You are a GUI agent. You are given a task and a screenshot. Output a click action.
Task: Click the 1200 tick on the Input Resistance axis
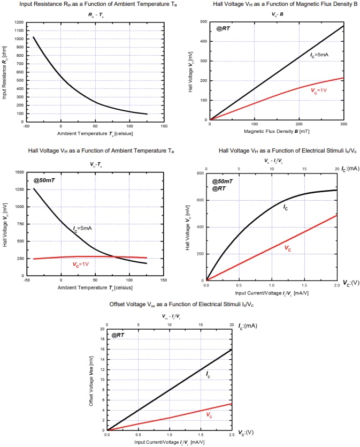19,23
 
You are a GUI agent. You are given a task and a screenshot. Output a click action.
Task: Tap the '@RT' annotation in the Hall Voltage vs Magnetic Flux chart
223,28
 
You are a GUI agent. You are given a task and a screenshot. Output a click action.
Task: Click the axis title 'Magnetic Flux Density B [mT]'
276,131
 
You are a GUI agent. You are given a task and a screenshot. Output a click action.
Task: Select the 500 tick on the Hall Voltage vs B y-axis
203,22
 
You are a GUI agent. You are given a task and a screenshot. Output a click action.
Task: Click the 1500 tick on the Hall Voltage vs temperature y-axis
19,172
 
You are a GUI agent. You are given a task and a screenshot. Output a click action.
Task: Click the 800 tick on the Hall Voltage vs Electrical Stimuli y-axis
201,173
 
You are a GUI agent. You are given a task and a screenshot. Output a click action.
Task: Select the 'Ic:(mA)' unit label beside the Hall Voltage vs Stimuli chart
350,168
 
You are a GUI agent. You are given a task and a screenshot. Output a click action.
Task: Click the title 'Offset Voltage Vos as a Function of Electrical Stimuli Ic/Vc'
181,305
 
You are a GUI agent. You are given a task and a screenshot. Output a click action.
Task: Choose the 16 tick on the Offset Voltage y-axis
102,349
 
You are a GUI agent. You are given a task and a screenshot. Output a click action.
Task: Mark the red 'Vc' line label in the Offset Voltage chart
209,415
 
